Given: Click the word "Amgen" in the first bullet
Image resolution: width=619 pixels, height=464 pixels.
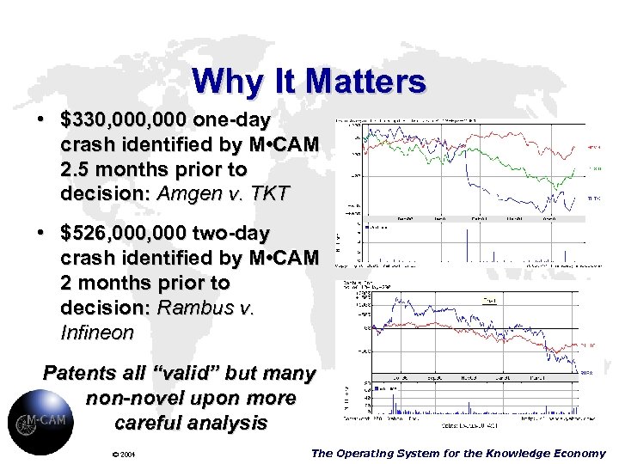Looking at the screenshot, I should pyautogui.click(x=194, y=193).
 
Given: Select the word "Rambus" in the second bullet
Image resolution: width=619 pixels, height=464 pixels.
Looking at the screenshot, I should pyautogui.click(x=193, y=308).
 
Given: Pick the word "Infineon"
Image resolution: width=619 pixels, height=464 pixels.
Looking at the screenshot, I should pyautogui.click(x=97, y=332).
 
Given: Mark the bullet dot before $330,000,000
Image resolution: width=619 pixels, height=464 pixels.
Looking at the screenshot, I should pyautogui.click(x=41, y=119).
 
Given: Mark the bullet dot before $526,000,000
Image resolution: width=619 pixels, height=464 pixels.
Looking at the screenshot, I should pyautogui.click(x=41, y=233).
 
